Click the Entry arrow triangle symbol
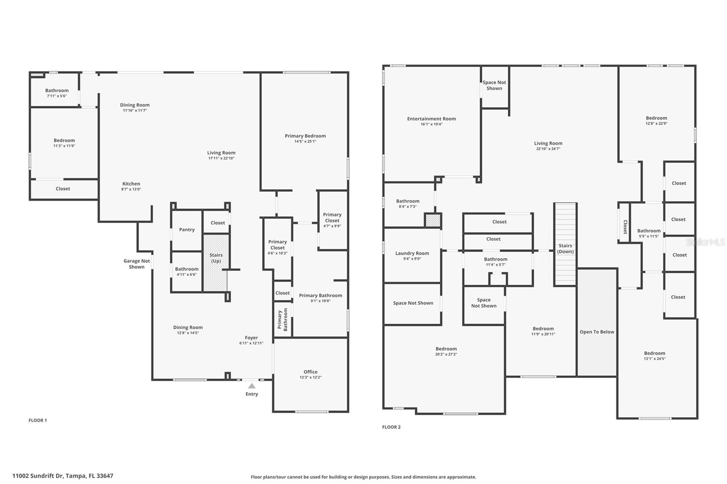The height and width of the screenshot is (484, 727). tap(252, 385)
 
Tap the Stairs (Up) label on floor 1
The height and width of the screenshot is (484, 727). tap(216, 258)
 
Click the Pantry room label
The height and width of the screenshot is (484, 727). tap(187, 230)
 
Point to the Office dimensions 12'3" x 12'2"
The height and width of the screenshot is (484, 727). tap(310, 377)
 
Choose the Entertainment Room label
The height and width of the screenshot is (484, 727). tap(431, 119)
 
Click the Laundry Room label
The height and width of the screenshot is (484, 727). tap(412, 253)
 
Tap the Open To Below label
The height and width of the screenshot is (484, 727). tap(597, 332)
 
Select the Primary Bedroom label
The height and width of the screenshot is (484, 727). tap(305, 136)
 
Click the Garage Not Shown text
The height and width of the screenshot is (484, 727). tap(137, 264)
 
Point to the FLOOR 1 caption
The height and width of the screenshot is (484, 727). tap(38, 420)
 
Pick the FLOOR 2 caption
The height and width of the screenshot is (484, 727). tap(391, 427)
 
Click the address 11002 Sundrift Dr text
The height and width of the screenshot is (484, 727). tap(63, 476)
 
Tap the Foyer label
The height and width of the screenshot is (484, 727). tap(251, 338)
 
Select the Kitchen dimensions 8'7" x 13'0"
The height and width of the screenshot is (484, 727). tap(131, 189)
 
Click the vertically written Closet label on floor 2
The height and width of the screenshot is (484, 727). tap(625, 227)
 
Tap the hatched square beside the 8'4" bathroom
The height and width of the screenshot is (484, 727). tap(433, 221)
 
